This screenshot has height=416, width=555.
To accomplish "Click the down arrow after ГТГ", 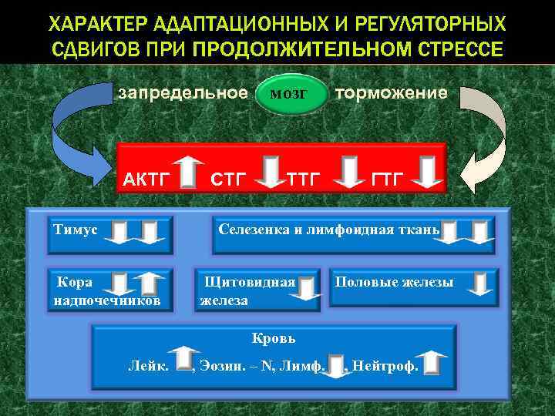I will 426,172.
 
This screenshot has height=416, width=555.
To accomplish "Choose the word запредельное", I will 182,93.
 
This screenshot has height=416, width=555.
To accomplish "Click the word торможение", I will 390,93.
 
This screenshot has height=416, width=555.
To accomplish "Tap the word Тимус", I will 76,229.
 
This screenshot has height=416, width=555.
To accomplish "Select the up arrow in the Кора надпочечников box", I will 147,286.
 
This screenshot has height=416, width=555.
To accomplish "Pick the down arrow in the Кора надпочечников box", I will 119,286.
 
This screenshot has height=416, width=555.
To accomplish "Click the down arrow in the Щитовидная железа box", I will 308,288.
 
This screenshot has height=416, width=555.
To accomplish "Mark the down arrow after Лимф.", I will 337,364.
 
